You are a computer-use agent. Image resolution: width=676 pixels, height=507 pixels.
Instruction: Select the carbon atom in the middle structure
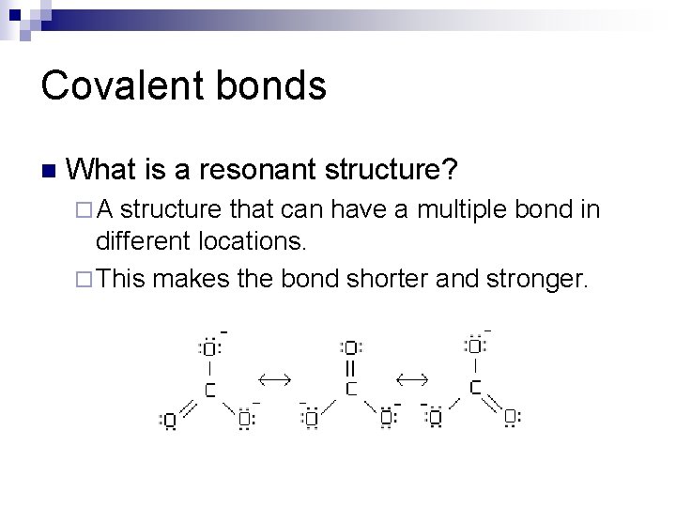350,388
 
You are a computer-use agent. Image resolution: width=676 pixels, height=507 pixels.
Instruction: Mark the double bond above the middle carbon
350,367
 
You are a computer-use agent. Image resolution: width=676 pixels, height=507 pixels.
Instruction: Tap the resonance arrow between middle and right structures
411,377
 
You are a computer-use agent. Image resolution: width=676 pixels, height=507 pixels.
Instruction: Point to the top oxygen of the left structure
209,348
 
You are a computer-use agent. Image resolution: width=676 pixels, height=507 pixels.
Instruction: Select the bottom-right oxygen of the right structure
510,416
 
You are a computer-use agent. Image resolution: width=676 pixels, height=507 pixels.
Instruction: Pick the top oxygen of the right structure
475,346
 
